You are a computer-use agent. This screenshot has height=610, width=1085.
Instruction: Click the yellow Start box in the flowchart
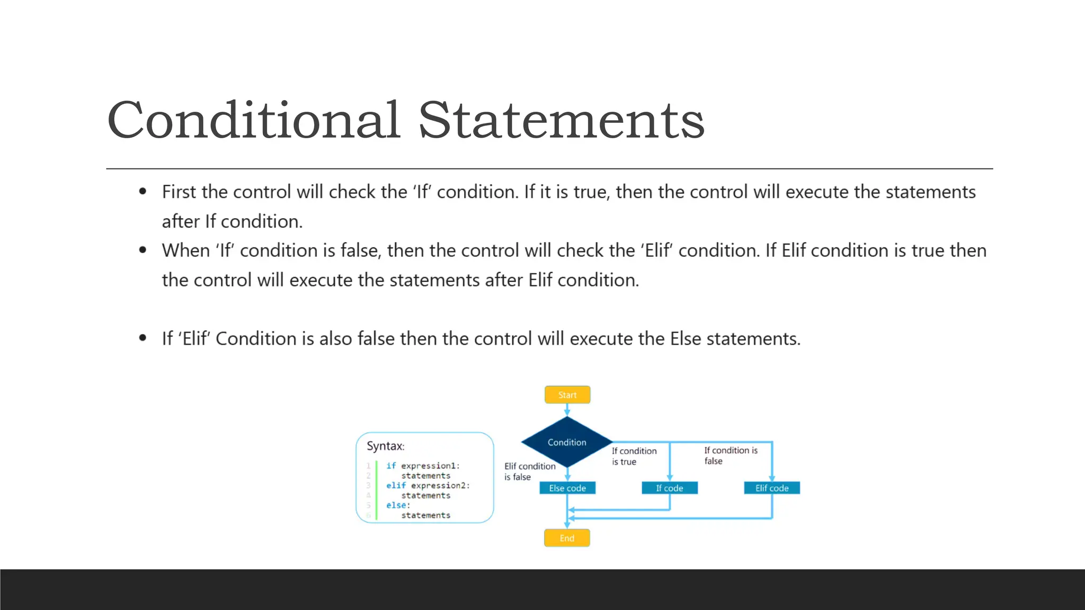tap(567, 395)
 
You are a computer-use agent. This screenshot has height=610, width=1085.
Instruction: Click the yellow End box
tap(567, 538)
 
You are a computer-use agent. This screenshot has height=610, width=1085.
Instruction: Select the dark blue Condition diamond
tap(567, 442)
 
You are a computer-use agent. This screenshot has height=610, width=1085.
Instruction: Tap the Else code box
tap(567, 488)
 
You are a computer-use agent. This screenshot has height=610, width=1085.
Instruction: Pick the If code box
tap(669, 488)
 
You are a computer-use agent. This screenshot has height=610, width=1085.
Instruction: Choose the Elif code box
tap(771, 488)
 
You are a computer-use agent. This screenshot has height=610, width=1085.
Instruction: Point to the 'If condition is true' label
tap(634, 456)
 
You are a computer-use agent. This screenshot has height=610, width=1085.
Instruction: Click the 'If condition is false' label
tap(730, 455)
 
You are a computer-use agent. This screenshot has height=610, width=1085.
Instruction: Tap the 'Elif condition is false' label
tap(529, 471)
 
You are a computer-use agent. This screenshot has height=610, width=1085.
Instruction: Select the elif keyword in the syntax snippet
tap(396, 486)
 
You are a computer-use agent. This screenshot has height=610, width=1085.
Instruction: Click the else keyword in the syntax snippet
tap(396, 505)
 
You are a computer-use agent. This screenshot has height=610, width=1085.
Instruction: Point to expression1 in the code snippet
tap(429, 466)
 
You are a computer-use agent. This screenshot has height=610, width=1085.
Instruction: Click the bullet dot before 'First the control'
tap(143, 192)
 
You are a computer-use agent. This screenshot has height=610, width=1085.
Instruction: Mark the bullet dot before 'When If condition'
tap(143, 250)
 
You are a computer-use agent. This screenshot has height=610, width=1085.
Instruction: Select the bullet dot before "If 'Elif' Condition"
tap(143, 338)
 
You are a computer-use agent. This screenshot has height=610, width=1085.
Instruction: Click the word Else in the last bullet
tap(686, 339)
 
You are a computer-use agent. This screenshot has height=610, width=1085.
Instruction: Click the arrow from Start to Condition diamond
tap(567, 410)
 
